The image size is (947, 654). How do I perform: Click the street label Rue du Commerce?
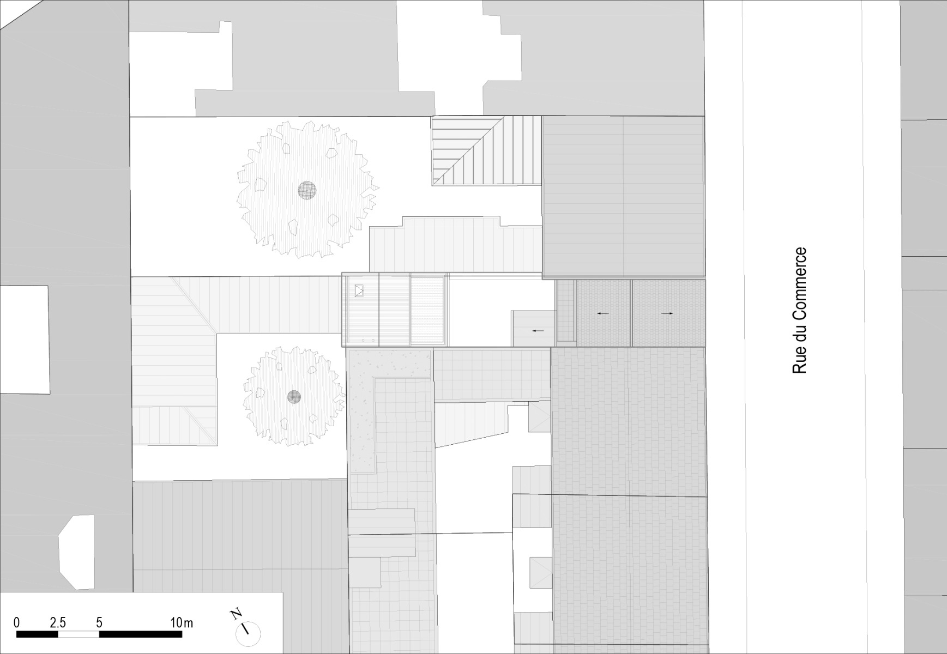coord(799,311)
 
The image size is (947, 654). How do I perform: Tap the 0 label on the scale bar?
coord(17,622)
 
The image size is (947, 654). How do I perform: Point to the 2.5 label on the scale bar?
coord(58,622)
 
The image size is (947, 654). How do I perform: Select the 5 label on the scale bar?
coord(99,622)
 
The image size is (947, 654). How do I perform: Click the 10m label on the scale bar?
coord(182,622)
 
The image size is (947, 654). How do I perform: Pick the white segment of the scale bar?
coord(79,634)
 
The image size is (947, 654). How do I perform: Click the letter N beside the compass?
coord(236,615)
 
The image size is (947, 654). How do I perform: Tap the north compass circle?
coord(248,634)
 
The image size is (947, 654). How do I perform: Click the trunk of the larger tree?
coord(307,190)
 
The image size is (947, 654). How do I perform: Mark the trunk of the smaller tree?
coord(294,396)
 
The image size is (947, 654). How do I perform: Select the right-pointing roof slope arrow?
coord(667,313)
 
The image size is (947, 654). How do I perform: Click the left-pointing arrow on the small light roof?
coord(538,331)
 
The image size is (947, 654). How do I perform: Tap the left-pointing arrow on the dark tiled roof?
coord(602,313)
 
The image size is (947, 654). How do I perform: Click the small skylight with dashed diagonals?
coord(359,291)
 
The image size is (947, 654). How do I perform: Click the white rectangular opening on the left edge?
coord(25,340)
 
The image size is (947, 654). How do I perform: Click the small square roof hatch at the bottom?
coord(540,573)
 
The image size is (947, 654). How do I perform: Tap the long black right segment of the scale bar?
coord(141,634)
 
